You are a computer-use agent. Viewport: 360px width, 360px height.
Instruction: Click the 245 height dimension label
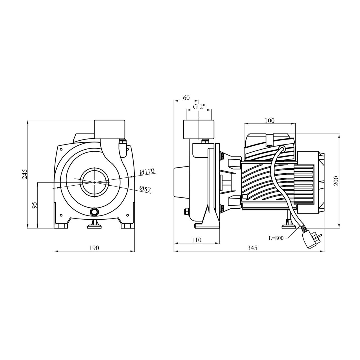pyautogui.click(x=25, y=174)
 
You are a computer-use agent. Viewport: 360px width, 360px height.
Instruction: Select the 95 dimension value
pyautogui.click(x=35, y=205)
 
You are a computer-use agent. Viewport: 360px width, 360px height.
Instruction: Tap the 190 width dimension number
pyautogui.click(x=94, y=248)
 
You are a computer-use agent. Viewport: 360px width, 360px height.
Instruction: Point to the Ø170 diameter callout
pyautogui.click(x=147, y=171)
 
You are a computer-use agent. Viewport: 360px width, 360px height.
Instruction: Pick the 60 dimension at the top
pyautogui.click(x=186, y=98)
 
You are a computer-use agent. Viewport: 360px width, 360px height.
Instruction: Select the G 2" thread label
pyautogui.click(x=199, y=107)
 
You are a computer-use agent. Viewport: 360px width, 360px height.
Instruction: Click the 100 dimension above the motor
pyautogui.click(x=270, y=121)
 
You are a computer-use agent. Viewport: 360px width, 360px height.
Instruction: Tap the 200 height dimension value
pyautogui.click(x=336, y=181)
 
